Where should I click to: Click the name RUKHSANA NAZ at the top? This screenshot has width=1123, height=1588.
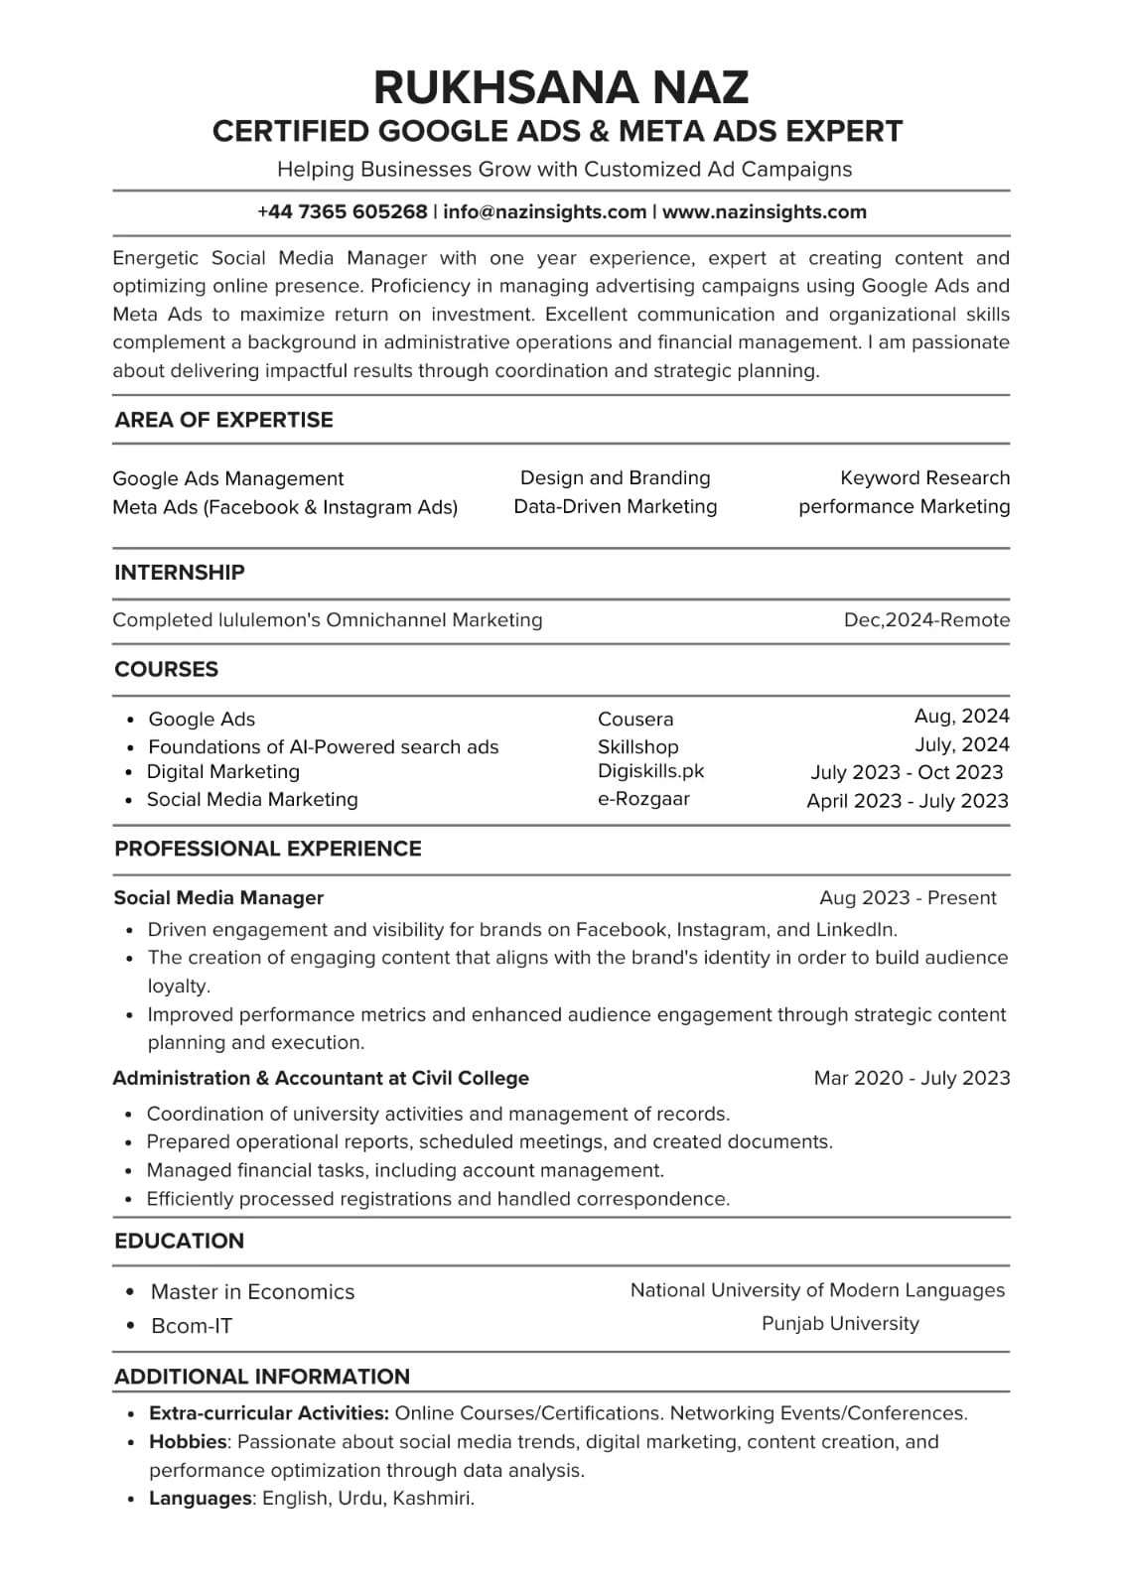[561, 87]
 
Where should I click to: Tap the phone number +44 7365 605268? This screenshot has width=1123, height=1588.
[342, 211]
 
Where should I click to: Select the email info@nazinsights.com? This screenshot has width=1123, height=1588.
[544, 211]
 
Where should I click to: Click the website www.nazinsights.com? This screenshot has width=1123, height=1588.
[764, 211]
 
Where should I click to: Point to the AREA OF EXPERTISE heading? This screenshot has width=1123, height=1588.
[223, 420]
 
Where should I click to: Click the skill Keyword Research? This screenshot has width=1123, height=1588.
[924, 477]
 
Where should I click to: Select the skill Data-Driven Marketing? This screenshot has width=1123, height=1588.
[615, 506]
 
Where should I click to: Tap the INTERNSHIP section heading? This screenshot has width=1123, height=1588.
[179, 572]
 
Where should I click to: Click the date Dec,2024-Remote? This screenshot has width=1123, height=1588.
[926, 620]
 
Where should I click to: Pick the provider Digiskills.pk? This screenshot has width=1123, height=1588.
[650, 770]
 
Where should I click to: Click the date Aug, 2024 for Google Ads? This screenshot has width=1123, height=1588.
[961, 716]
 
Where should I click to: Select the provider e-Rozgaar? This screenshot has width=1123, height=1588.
[643, 798]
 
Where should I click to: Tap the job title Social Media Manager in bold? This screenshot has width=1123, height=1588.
[218, 897]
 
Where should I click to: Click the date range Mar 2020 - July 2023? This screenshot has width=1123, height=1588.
[912, 1078]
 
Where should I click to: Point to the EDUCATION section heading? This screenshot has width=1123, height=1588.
[179, 1241]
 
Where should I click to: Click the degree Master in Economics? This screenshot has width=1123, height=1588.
[252, 1291]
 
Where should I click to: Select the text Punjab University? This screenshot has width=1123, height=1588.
[840, 1323]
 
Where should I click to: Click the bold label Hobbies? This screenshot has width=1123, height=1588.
[188, 1441]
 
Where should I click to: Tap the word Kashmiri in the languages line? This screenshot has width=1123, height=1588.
[433, 1498]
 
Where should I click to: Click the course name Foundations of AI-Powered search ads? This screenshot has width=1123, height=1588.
[323, 746]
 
